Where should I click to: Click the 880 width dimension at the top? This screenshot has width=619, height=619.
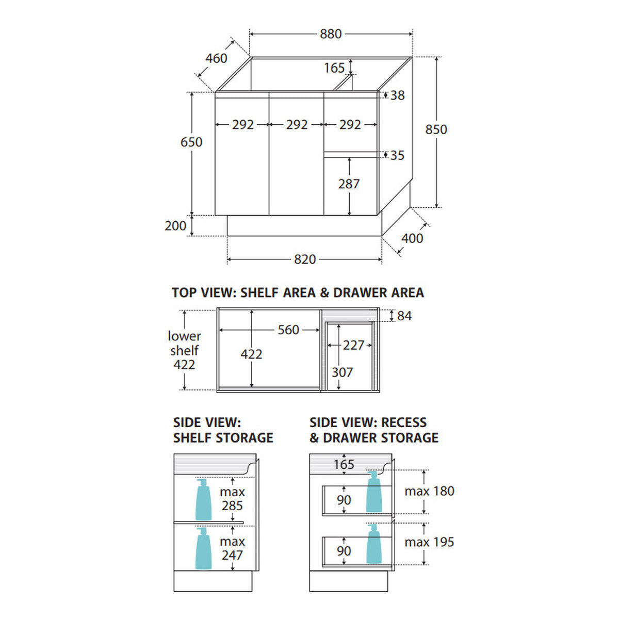coord(330,34)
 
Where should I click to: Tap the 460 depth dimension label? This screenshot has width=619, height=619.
coord(216,58)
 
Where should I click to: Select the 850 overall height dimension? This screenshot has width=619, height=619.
coord(436,129)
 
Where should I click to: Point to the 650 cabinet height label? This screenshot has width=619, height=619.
coord(191,142)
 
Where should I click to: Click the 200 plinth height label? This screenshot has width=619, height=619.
coord(175,226)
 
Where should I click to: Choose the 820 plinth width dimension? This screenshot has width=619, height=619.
coord(304,259)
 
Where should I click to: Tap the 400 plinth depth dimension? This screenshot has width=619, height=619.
coord(412,238)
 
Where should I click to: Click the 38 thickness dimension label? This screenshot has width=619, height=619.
coord(398,95)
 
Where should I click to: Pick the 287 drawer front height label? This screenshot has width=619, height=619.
coord(349,184)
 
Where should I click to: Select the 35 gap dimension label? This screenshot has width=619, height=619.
coord(397,155)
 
